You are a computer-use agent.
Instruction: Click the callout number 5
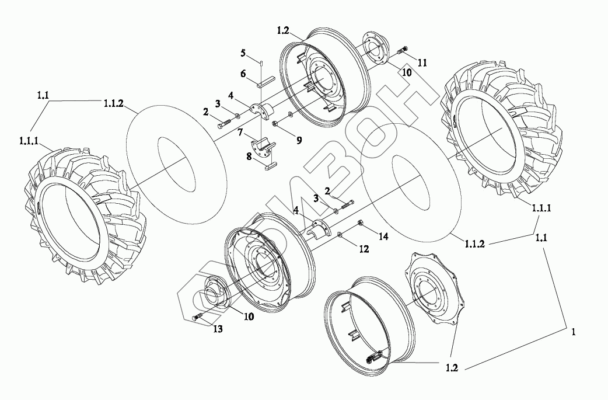pyautogui.click(x=243, y=53)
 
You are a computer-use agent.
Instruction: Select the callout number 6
pyautogui.click(x=243, y=74)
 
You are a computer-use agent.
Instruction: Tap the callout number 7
pyautogui.click(x=240, y=133)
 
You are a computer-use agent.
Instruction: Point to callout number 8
pyautogui.click(x=249, y=156)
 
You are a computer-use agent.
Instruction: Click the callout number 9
pyautogui.click(x=299, y=140)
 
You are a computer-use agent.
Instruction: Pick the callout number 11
pyautogui.click(x=422, y=62)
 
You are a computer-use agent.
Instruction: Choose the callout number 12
pyautogui.click(x=364, y=249)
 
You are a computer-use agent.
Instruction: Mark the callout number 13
pyautogui.click(x=218, y=329)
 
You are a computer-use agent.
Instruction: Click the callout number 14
pyautogui.click(x=383, y=236)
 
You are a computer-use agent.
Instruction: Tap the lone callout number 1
pyautogui.click(x=574, y=332)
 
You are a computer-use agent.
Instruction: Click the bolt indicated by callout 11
pyautogui.click(x=402, y=50)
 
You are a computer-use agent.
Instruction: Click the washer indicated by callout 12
pyautogui.click(x=339, y=234)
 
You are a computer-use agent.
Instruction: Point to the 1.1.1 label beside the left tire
pyautogui.click(x=29, y=141)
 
